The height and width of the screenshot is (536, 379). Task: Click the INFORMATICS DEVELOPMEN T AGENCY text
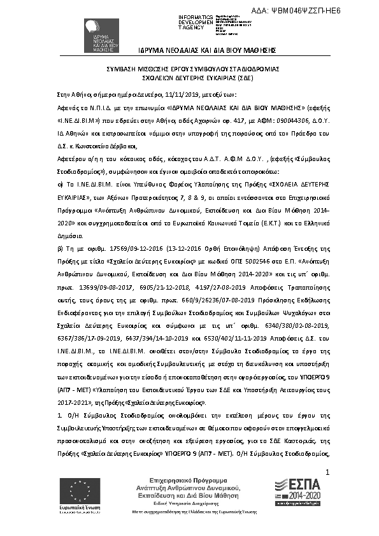(x=196, y=22)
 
